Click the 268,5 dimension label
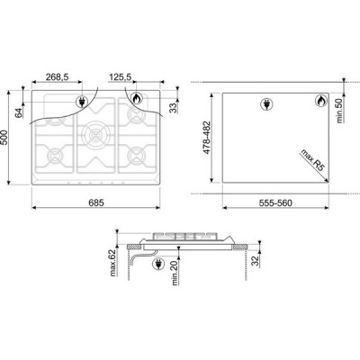click(x=57, y=77)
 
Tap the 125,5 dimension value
click(x=120, y=77)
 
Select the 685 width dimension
click(x=96, y=202)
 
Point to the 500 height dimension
click(x=4, y=138)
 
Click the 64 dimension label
click(x=19, y=112)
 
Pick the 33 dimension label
click(x=173, y=108)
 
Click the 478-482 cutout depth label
click(x=207, y=138)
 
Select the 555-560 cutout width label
click(x=275, y=203)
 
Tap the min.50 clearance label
click(x=339, y=111)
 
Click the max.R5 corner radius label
click(x=312, y=160)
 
